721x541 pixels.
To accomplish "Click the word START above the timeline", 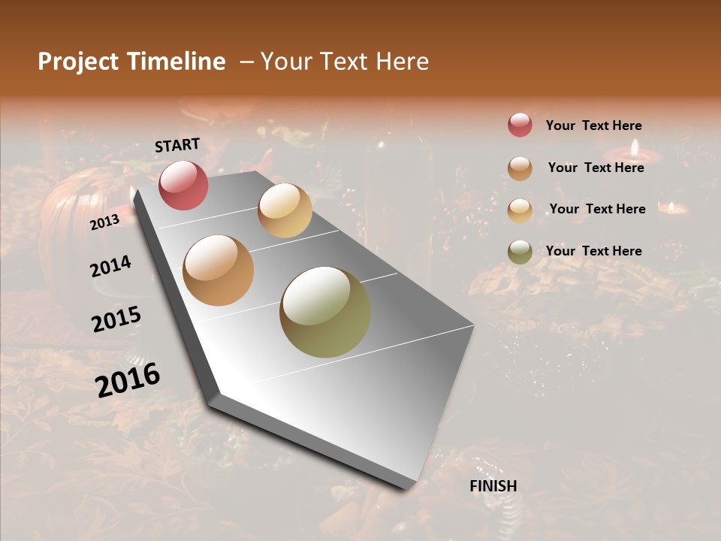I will tap(177, 145).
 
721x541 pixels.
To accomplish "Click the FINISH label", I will tap(493, 486).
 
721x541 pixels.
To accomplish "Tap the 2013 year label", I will tap(104, 222).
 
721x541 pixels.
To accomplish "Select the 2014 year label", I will tap(111, 266).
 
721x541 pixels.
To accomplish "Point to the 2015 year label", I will tap(116, 319).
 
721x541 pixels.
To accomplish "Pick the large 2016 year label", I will tap(128, 380).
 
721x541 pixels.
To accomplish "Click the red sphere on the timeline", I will tap(183, 185).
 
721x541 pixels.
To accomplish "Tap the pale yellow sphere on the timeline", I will tap(285, 210).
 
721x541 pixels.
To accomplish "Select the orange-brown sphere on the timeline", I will tap(219, 270).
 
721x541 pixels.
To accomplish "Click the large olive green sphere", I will tap(325, 312).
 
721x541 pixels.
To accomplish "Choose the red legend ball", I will tap(520, 125).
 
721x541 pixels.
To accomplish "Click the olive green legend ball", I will tap(520, 252).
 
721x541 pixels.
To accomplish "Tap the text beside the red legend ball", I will tap(593, 125).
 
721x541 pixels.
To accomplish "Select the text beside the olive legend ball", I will tap(593, 251).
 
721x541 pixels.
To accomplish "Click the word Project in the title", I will tap(78, 62).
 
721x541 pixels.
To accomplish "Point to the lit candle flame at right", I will tap(635, 146).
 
